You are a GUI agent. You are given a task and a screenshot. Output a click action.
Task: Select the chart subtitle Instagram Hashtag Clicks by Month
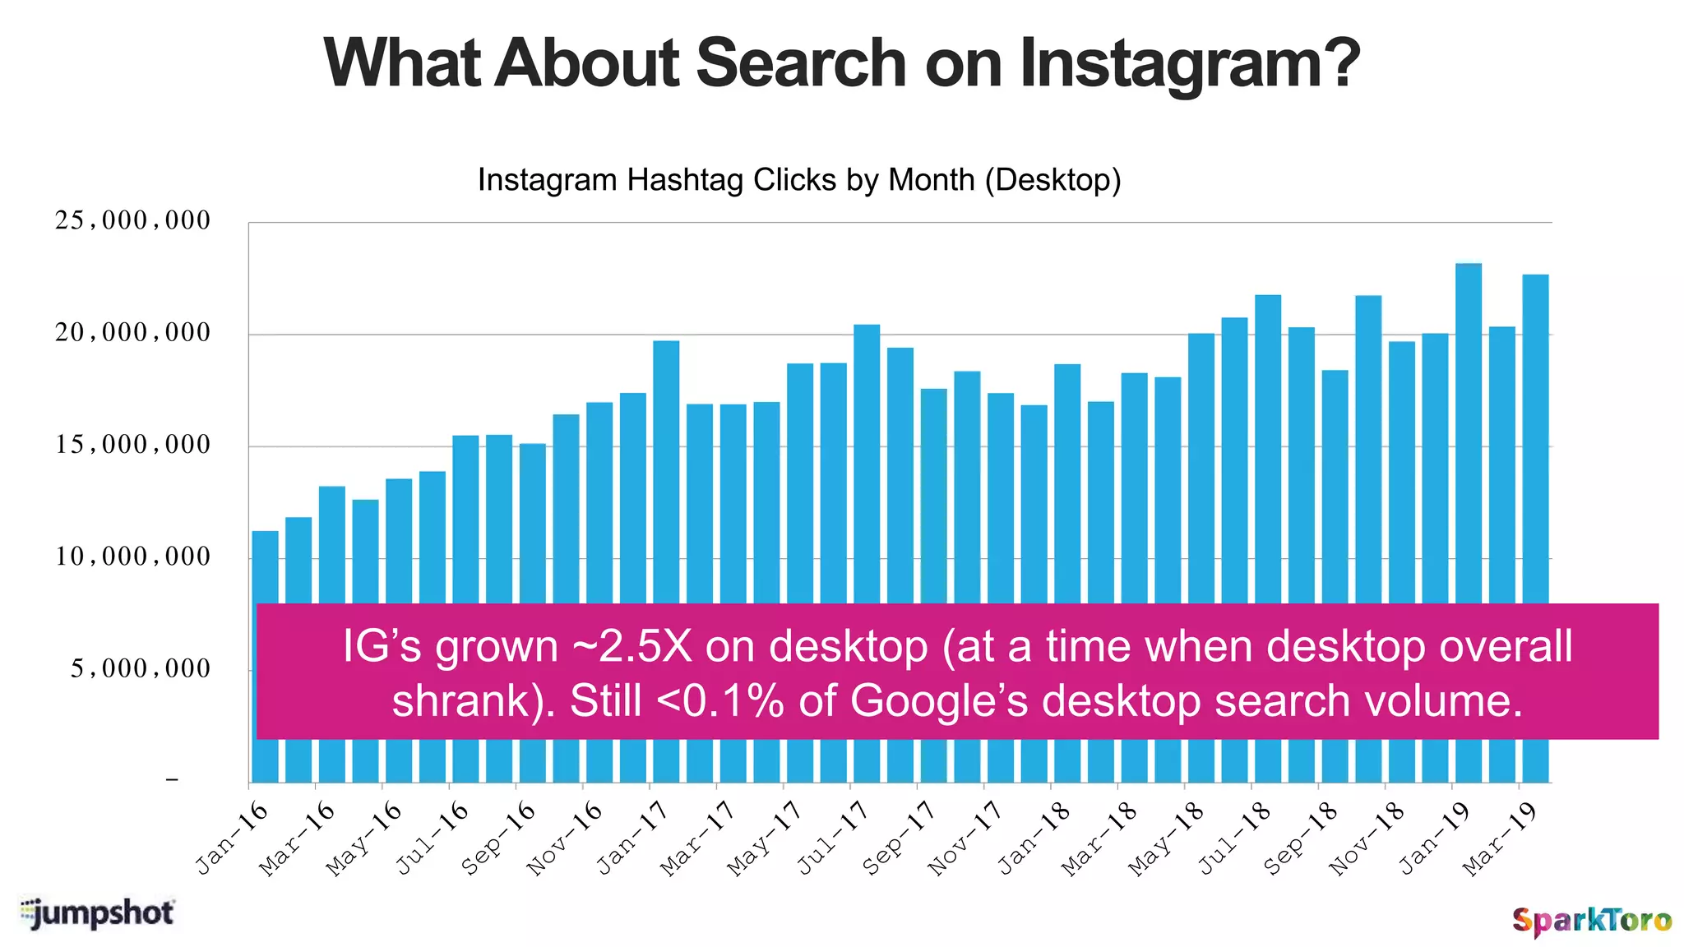[798, 180]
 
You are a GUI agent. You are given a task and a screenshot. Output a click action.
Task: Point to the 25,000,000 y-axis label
[132, 221]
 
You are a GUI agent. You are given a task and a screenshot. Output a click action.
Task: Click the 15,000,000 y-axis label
[132, 446]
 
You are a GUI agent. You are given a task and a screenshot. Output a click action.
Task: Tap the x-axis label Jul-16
[433, 838]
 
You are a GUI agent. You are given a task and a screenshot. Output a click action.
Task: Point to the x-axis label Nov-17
[965, 838]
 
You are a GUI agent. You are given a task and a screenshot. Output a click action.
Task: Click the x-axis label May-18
[1166, 838]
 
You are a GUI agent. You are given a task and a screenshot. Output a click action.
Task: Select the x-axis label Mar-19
[1501, 838]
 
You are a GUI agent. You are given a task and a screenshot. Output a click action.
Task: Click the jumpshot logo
[97, 913]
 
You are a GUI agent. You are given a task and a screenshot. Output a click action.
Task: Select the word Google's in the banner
[938, 701]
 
